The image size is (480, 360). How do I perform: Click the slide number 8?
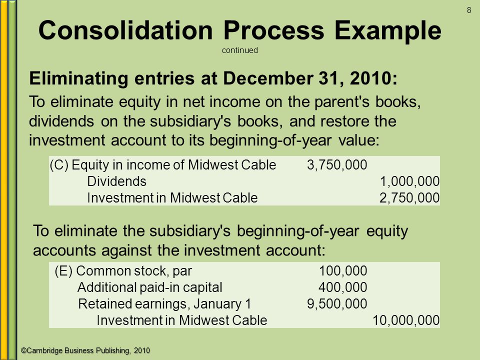click(469, 10)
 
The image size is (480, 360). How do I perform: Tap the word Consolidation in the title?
click(125, 30)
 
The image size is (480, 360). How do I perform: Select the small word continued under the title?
click(239, 50)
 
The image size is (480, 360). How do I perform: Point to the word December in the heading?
click(268, 78)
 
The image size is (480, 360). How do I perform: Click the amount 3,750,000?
click(337, 165)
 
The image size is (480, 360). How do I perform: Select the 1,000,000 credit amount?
click(409, 181)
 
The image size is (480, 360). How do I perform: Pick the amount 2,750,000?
click(409, 198)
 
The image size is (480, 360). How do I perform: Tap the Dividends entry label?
click(116, 181)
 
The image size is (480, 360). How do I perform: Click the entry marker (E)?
click(63, 271)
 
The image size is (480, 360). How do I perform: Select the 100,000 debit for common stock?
click(343, 271)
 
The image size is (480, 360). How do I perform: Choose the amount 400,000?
click(343, 287)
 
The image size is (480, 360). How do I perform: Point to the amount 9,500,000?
click(337, 304)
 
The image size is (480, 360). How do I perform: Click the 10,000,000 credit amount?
click(406, 320)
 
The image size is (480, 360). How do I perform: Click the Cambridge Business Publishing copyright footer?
click(85, 350)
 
